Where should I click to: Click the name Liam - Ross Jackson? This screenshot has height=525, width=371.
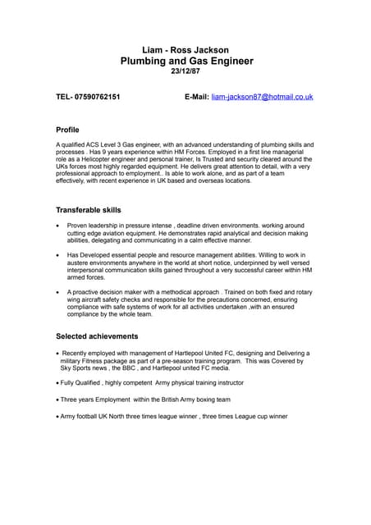[x=186, y=50]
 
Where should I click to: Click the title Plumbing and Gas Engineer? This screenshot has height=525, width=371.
[x=186, y=62]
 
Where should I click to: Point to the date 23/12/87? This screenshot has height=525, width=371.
[x=186, y=72]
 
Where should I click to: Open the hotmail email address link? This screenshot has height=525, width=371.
[x=262, y=97]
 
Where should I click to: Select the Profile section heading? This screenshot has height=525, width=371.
[x=67, y=130]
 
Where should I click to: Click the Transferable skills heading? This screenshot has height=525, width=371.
[x=88, y=210]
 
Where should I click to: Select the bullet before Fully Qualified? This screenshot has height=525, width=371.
[x=57, y=383]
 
